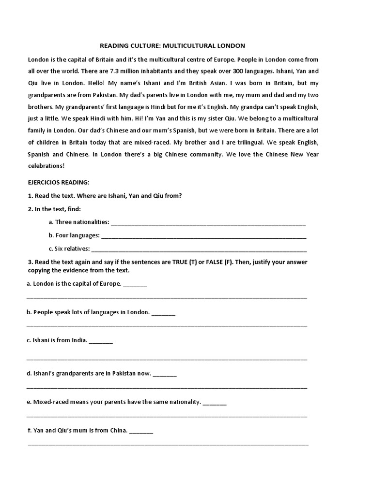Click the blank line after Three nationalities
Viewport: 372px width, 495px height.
tap(208, 223)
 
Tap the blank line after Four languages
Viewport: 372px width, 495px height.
tap(203, 236)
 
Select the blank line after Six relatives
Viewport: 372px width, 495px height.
tap(199, 250)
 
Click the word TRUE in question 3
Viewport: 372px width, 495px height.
tap(182, 262)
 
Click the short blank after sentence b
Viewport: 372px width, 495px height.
tap(163, 313)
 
